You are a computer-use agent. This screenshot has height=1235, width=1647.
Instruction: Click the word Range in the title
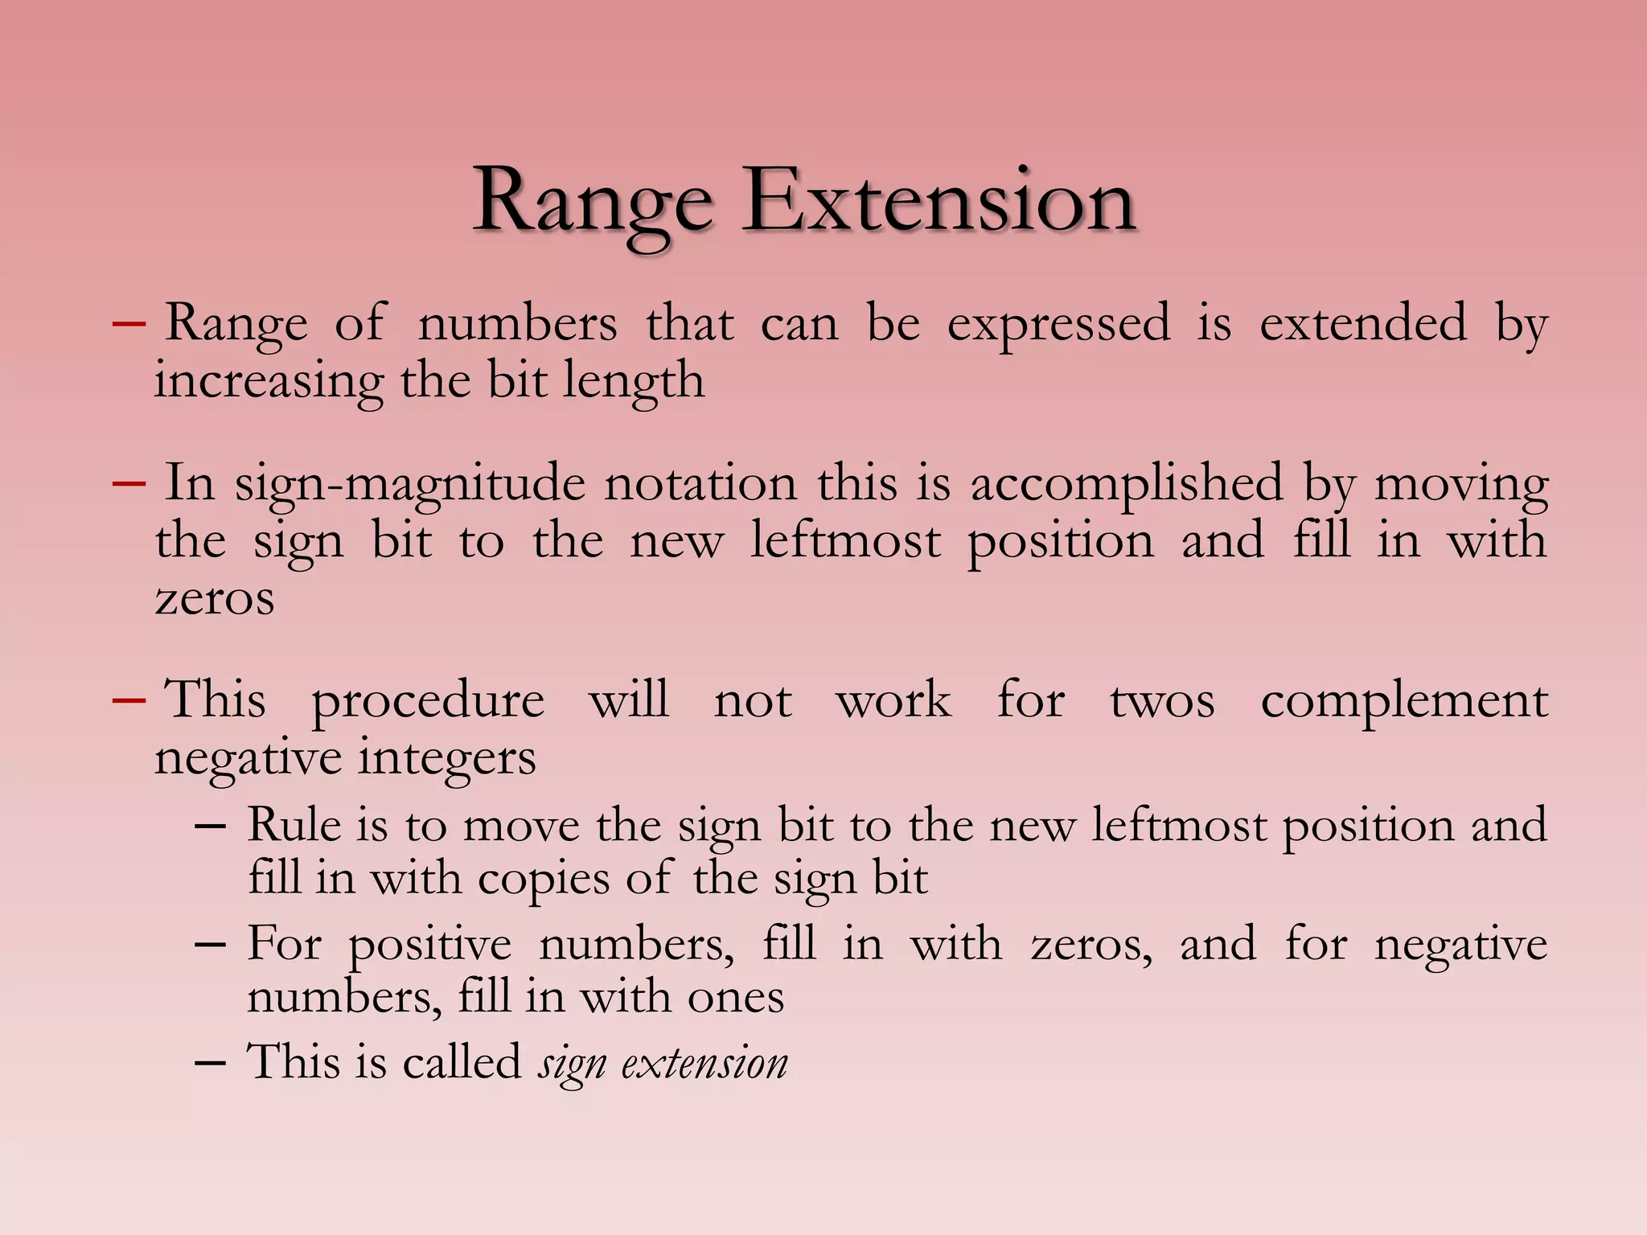point(593,201)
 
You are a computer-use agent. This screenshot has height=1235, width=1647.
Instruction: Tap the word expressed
point(1058,324)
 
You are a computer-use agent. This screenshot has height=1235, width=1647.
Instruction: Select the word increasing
point(269,381)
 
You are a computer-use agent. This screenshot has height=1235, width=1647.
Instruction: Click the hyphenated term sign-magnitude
point(410,484)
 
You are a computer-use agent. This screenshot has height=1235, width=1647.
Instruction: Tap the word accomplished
point(1127,484)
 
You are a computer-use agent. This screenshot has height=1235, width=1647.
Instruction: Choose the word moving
point(1460,484)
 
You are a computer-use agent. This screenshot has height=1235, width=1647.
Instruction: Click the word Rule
point(294,825)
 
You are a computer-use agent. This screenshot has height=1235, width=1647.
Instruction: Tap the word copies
point(544,878)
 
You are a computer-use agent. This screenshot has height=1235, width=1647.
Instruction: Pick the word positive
point(429,944)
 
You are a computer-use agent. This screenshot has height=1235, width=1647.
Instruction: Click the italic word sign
point(571,1063)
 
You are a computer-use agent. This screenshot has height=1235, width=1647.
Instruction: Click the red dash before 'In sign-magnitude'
point(129,484)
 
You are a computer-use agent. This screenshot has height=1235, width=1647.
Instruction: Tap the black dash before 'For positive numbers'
point(210,946)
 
